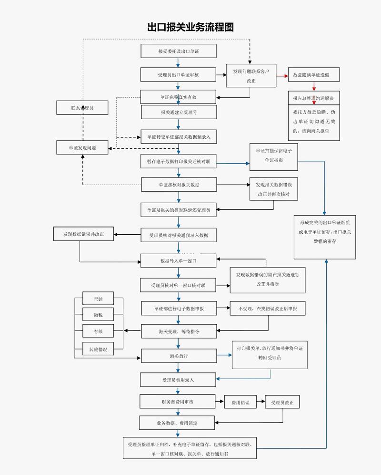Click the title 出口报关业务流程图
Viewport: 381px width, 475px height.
point(190,27)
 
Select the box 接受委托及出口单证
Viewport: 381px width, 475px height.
point(179,51)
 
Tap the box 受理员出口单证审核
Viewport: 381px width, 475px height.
point(179,75)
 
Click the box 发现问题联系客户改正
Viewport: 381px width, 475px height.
point(251,76)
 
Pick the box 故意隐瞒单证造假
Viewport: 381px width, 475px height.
point(314,75)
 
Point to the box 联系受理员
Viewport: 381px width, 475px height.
point(82,108)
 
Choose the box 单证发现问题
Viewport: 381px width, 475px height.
point(82,148)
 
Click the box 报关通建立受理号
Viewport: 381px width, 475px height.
point(179,112)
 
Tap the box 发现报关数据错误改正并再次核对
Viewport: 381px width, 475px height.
point(273,189)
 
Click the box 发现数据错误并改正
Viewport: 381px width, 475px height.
point(83,234)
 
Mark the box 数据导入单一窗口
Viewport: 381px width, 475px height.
point(179,261)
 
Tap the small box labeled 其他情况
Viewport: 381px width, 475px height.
point(98,349)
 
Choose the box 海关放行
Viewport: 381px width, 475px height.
point(179,356)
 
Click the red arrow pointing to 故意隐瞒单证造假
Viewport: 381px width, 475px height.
point(283,75)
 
